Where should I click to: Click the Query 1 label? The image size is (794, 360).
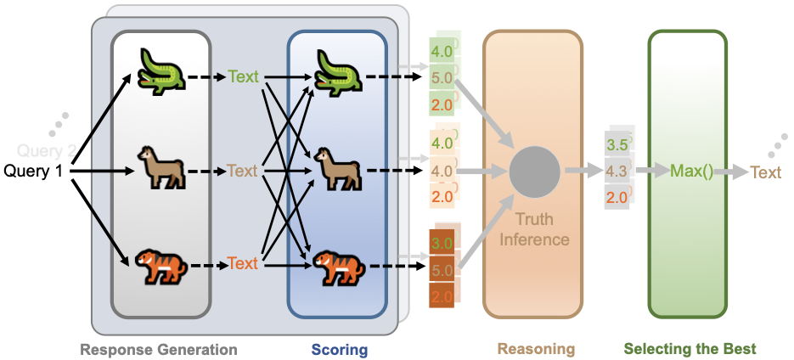coord(35,172)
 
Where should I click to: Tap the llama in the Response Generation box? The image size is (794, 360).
coord(161,170)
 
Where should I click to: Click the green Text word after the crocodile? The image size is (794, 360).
coord(243,77)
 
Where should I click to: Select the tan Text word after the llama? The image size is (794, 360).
coord(243,171)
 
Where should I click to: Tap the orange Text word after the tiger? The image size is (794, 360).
coord(243,263)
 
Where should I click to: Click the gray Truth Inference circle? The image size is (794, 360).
coord(534,171)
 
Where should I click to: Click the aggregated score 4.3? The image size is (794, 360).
coord(617,171)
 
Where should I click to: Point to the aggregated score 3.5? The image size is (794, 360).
coord(617,145)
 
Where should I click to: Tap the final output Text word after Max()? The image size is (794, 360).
coord(765,172)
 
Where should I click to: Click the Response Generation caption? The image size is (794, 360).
coord(159,349)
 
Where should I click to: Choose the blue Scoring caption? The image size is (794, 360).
coord(339,349)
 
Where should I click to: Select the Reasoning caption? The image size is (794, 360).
coord(535,349)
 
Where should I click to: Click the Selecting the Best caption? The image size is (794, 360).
coord(690,349)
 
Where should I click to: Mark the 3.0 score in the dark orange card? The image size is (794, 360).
coord(442,245)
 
